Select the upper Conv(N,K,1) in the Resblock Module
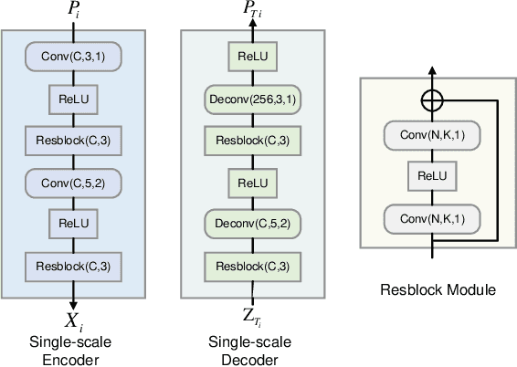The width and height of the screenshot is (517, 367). click(432, 136)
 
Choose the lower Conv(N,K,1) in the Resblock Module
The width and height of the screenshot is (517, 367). click(432, 219)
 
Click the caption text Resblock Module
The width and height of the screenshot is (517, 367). click(438, 290)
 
